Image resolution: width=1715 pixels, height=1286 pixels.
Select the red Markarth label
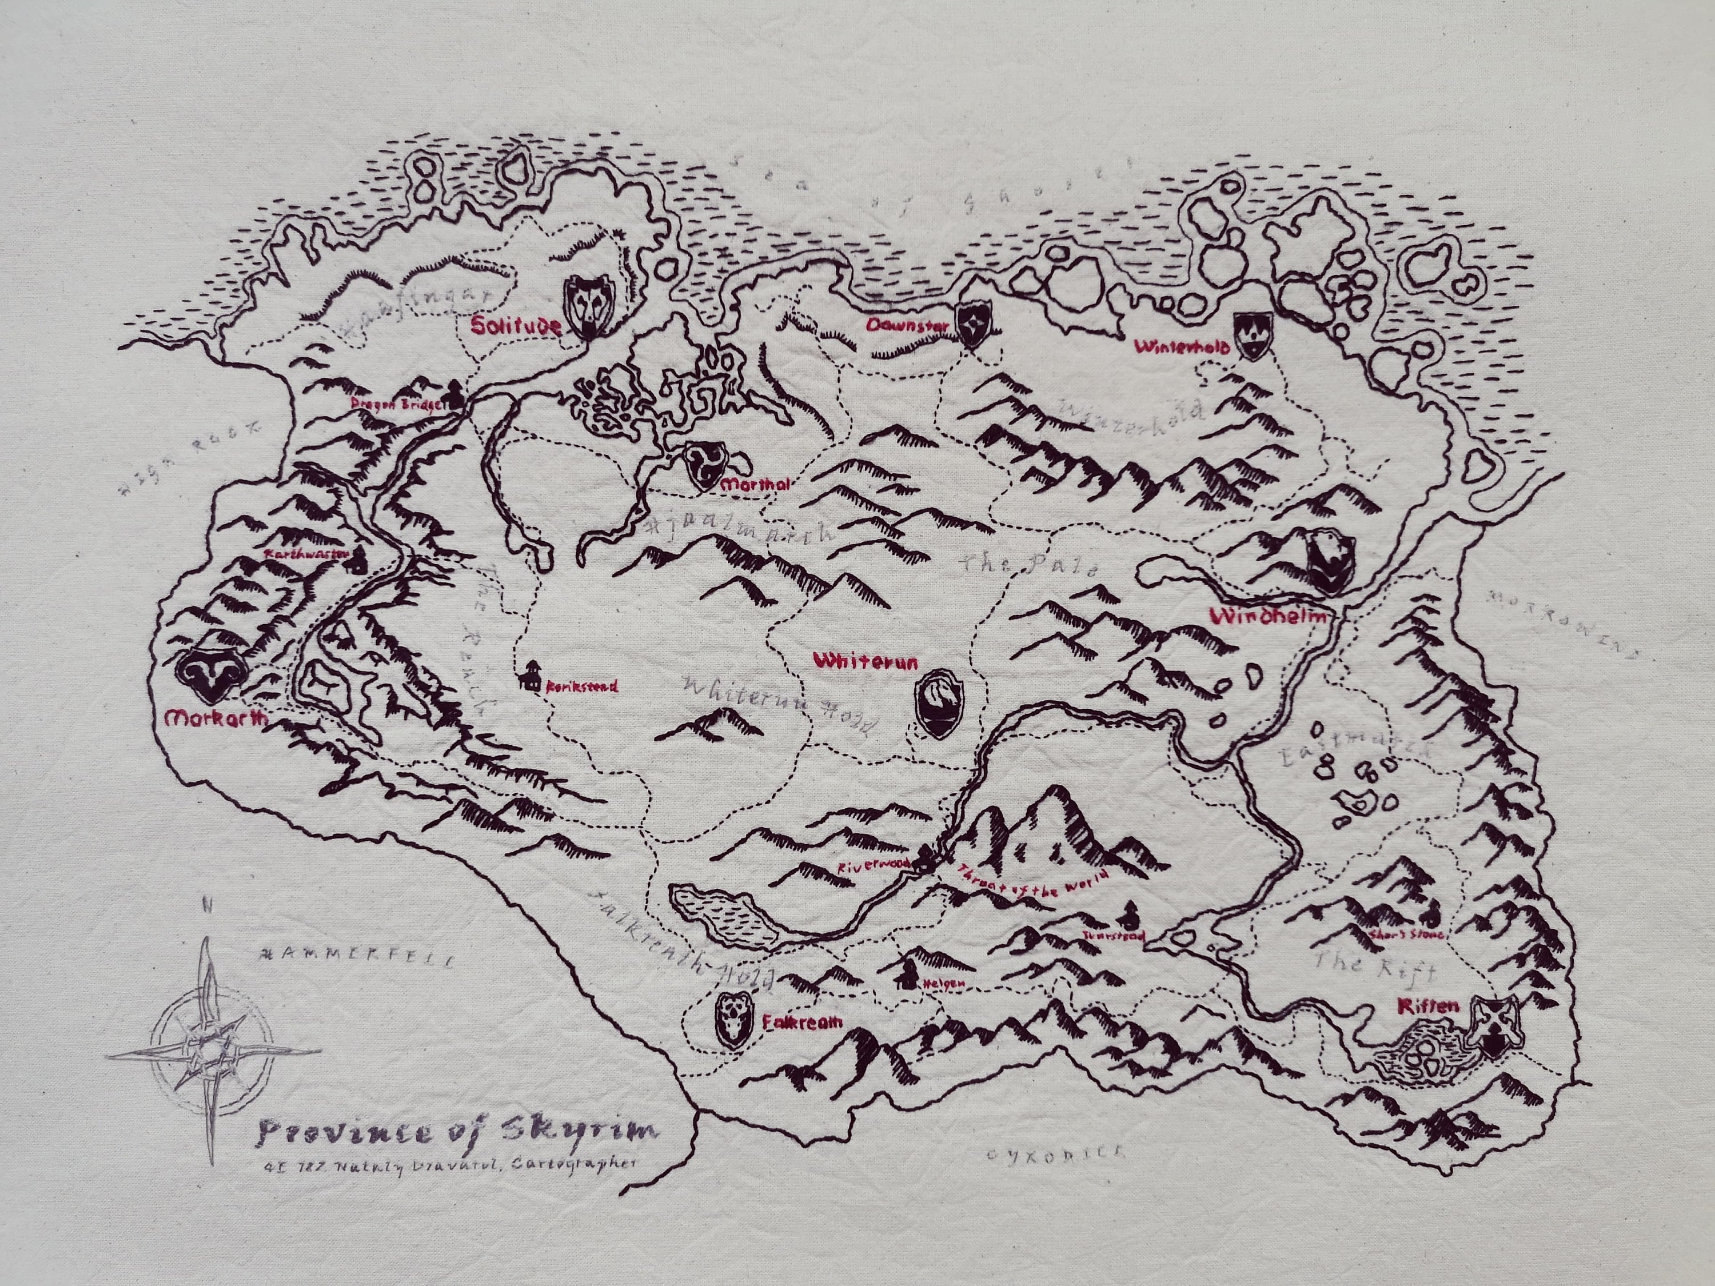pyautogui.click(x=216, y=718)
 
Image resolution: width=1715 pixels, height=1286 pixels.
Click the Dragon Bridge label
pyautogui.click(x=396, y=404)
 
